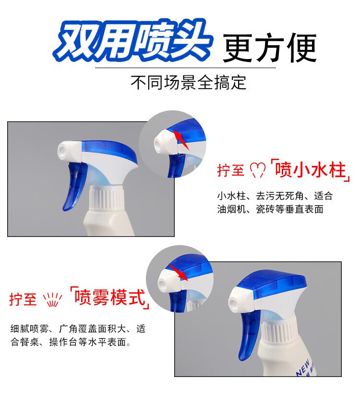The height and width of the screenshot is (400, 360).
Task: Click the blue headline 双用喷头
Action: coord(133,40)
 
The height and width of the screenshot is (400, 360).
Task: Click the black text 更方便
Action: coord(270,47)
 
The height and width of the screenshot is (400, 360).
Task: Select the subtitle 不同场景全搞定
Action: coord(189,82)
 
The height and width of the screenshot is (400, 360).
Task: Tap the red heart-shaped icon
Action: coord(257,170)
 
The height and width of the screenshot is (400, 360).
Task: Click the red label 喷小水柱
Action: coord(310,170)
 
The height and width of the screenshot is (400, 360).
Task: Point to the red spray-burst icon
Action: coord(52,299)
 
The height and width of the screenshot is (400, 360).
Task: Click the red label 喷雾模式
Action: coord(110,297)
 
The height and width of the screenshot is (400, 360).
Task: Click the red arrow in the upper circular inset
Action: coord(181,140)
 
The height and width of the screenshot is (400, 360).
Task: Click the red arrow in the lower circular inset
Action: coord(178,272)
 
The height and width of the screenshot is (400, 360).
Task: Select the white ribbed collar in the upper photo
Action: coord(107,197)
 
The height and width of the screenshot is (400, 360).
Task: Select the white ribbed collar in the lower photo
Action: coord(278,329)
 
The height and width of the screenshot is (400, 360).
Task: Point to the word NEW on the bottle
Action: coord(303,368)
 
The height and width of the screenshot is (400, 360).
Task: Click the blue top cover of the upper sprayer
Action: coord(110,151)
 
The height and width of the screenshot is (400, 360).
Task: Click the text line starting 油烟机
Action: coord(270,209)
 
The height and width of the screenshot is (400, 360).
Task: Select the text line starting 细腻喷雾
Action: coord(78,329)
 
